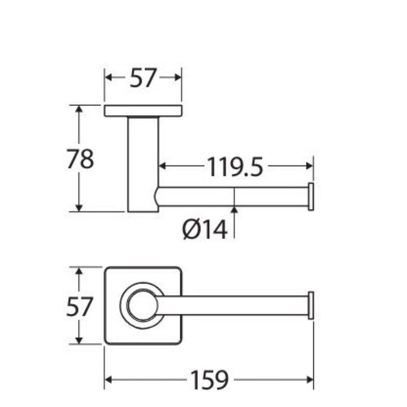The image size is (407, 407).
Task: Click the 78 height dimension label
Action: (x=80, y=158)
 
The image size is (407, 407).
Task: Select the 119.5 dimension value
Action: (x=235, y=167)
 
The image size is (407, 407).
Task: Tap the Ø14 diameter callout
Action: (x=205, y=229)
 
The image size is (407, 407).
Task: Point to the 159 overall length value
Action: (x=209, y=380)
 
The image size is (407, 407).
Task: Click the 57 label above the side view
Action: (x=143, y=77)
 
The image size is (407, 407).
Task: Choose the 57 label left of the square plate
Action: (x=80, y=306)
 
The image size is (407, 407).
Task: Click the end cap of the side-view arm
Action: (x=311, y=197)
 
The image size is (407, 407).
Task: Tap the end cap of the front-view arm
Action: (x=311, y=305)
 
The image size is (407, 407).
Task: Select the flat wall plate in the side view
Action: (x=143, y=111)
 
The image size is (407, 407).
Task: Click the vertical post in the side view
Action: (x=143, y=165)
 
